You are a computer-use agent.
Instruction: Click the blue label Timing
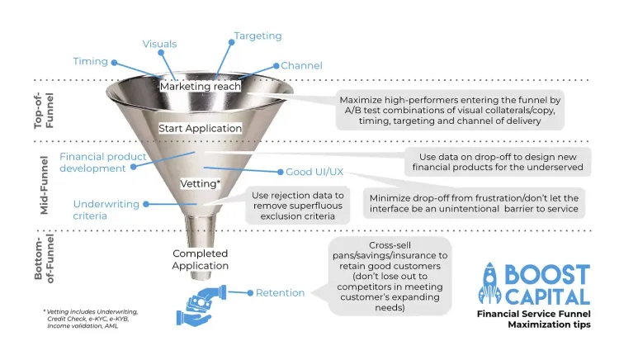[90, 61]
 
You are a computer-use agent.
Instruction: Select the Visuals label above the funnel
[159, 44]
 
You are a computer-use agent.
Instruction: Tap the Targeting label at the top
[258, 36]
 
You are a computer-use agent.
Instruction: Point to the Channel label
[301, 65]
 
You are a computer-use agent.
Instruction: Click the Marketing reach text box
[201, 86]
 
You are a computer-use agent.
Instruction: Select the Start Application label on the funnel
[201, 129]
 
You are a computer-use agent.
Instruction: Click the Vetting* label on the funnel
[200, 182]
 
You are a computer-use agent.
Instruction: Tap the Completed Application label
[200, 259]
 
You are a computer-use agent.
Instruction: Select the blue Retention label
[280, 292]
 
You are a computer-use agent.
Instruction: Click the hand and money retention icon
[198, 302]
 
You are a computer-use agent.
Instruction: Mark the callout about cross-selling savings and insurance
[391, 277]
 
